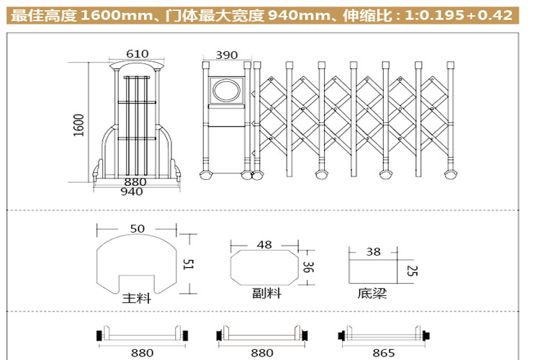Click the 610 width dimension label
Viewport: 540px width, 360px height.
(137, 54)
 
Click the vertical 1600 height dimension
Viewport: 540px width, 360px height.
(79, 125)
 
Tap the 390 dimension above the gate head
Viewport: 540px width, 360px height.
(226, 55)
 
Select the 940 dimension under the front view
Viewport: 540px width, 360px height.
(132, 192)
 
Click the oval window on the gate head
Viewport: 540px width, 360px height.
(227, 90)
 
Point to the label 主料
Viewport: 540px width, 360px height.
(136, 298)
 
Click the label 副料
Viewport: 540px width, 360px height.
(266, 293)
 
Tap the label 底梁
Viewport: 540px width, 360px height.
(372, 293)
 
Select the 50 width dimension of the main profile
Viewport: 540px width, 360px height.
(137, 228)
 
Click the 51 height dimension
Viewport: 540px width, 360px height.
(188, 264)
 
